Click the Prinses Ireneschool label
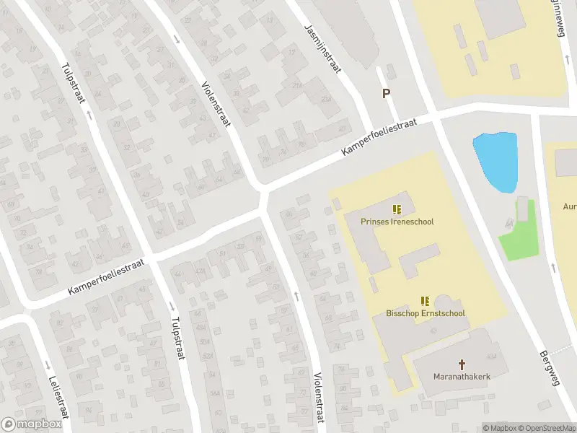(x=397, y=222)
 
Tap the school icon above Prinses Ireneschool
(x=397, y=209)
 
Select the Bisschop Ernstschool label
(x=425, y=314)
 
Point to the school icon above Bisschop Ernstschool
(x=425, y=300)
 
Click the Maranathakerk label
(x=462, y=377)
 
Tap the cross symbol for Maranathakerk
(x=462, y=364)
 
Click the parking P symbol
(x=386, y=93)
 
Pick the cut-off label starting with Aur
(x=568, y=206)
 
